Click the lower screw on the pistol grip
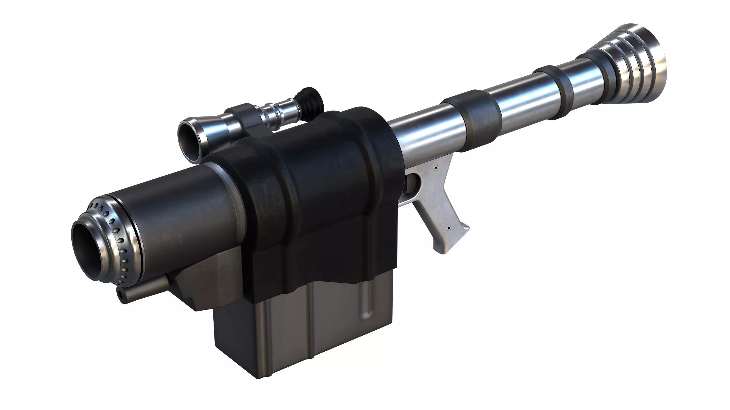[x=449, y=228]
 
